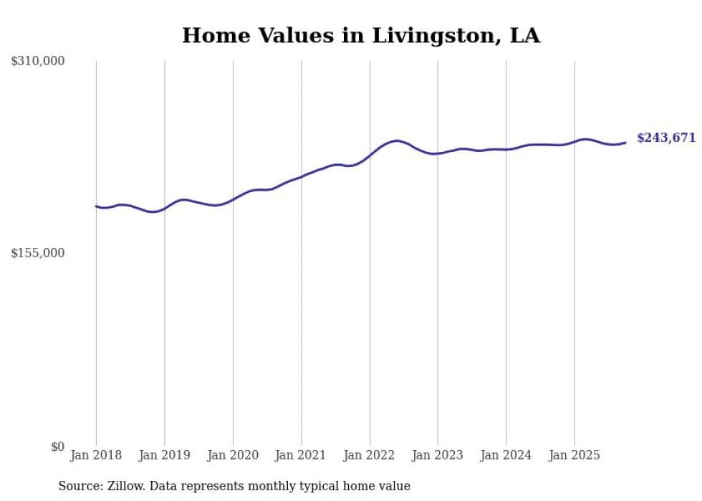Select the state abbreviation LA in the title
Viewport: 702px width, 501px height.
pos(524,36)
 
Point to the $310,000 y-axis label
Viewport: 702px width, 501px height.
pos(38,62)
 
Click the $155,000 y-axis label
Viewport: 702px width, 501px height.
pos(38,253)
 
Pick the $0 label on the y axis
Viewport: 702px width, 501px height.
pos(57,447)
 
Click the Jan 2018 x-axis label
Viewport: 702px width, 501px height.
pos(96,455)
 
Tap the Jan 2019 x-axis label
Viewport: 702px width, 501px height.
pos(164,455)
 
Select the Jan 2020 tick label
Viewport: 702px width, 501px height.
pos(233,455)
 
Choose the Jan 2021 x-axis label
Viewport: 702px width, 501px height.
pos(301,455)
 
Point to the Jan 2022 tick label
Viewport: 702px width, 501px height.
pos(370,455)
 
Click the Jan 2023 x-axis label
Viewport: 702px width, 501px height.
pos(438,455)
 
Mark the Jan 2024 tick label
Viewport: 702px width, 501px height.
pos(506,455)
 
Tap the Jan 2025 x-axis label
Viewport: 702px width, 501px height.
pos(574,455)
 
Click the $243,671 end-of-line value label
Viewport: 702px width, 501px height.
pos(666,138)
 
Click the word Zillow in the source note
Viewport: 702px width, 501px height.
pos(123,486)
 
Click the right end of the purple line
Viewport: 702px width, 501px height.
pos(625,142)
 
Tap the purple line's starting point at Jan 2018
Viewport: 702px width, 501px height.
pos(96,206)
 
